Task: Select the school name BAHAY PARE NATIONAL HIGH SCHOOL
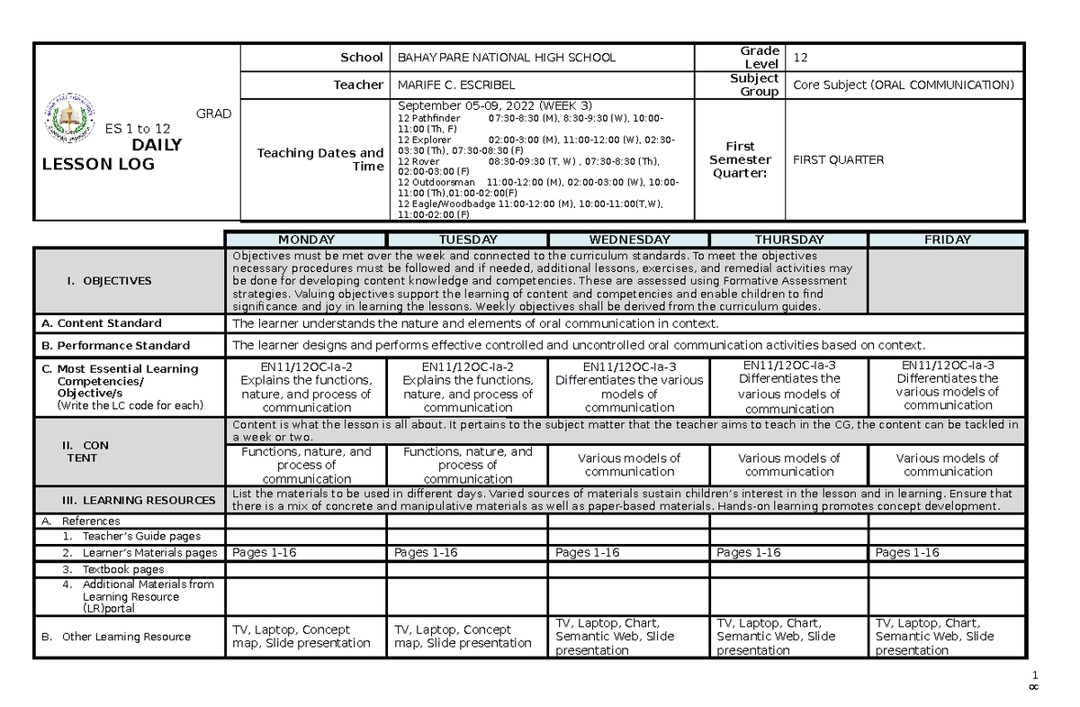coord(507,58)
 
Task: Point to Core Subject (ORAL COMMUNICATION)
coord(903,85)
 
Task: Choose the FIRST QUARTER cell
coord(838,159)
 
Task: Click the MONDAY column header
coord(306,240)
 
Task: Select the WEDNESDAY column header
coord(629,240)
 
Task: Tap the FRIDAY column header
coord(947,240)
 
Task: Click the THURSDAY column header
coord(789,240)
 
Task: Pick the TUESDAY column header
coord(467,240)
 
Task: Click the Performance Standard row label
coord(116,346)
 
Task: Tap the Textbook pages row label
coord(123,569)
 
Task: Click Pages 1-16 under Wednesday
coord(588,553)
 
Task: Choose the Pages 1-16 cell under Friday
coord(907,553)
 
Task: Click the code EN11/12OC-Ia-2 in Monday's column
coord(306,367)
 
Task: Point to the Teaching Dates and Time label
coord(320,159)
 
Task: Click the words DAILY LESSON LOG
coord(112,155)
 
